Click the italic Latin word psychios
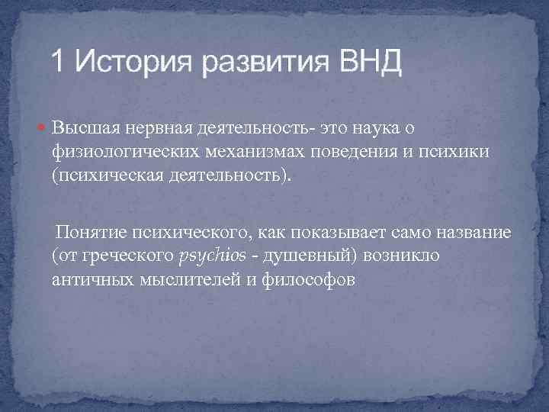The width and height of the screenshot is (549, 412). (212, 256)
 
